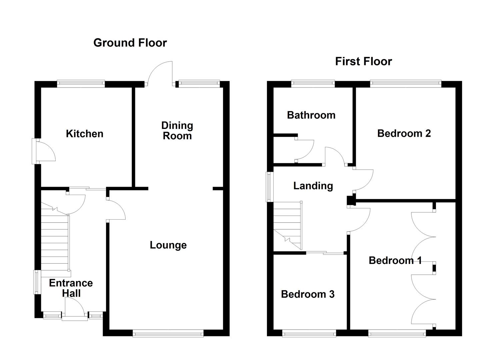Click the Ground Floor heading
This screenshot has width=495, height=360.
coord(130,43)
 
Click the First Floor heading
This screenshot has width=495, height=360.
coord(363,61)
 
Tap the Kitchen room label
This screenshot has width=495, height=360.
coord(84,134)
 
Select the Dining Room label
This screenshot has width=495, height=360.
coord(177,131)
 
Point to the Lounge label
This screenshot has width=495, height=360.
coord(168,245)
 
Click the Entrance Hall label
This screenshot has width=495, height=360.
coord(71,288)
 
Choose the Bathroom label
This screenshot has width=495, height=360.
coord(311,115)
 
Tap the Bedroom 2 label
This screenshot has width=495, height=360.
coord(404,133)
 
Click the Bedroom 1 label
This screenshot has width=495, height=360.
coord(395,260)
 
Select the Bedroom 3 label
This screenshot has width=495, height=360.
coord(307,294)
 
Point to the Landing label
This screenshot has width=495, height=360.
coord(313,186)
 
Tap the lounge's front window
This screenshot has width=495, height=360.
coord(168,333)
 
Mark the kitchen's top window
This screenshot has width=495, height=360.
coord(81,83)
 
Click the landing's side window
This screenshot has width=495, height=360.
coord(269,187)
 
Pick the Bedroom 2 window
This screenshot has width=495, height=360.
coord(405,83)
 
